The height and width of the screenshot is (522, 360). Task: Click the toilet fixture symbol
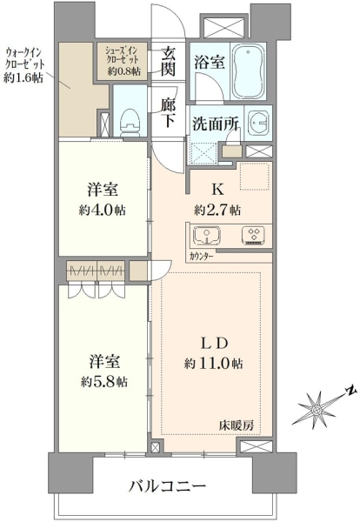click(x=130, y=122)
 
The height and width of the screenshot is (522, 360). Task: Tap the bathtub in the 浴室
click(x=248, y=70)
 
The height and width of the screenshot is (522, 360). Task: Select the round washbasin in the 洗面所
click(x=258, y=122)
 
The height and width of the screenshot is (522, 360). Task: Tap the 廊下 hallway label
click(x=169, y=113)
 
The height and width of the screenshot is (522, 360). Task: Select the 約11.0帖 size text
click(x=213, y=364)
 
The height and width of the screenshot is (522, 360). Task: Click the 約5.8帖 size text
click(x=103, y=382)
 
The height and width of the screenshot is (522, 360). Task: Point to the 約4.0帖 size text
click(x=102, y=211)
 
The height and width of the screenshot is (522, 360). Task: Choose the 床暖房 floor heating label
click(x=237, y=425)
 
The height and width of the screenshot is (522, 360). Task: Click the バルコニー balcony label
click(x=167, y=487)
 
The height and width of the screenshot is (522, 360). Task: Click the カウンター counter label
click(x=202, y=257)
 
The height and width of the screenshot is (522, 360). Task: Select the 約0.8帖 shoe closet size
click(x=123, y=71)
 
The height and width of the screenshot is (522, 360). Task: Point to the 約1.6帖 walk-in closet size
click(x=23, y=77)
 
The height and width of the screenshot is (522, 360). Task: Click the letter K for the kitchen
click(x=217, y=190)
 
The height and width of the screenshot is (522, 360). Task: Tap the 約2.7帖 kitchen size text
click(x=217, y=211)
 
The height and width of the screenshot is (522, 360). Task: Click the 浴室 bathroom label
click(x=209, y=63)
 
